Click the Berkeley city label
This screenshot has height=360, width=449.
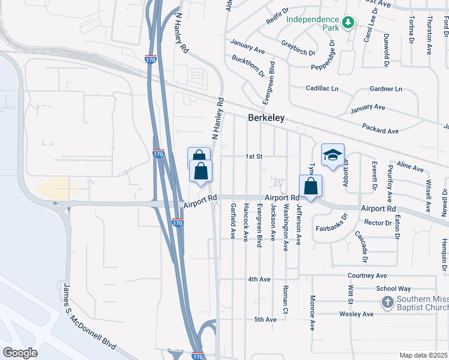(266, 118)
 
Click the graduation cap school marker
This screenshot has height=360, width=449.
(332, 155)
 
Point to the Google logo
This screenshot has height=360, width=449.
(20, 353)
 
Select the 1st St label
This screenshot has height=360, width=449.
(255, 157)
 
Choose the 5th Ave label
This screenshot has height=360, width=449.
(265, 319)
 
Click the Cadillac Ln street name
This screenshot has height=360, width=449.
(322, 88)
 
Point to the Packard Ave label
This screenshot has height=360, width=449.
(381, 128)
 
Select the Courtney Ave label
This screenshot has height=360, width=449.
(367, 275)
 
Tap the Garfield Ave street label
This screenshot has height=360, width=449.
(232, 221)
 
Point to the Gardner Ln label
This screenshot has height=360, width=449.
(386, 89)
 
